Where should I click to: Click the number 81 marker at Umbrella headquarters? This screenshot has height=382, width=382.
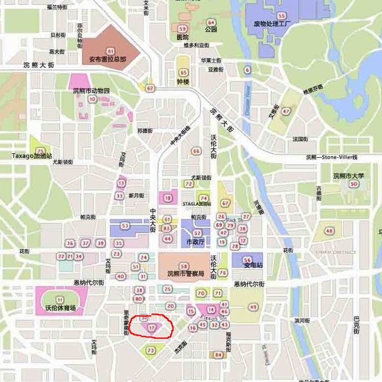pyautogui.click(x=110, y=51)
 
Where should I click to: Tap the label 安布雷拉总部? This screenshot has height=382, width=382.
pyautogui.click(x=108, y=59)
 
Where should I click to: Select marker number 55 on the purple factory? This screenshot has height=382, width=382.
pyautogui.click(x=282, y=16)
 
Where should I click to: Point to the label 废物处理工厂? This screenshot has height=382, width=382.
pyautogui.click(x=272, y=24)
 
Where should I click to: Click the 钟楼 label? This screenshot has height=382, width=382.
pyautogui.click(x=183, y=82)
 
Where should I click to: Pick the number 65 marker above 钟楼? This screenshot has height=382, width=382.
pyautogui.click(x=184, y=73)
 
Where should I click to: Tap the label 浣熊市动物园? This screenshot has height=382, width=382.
pyautogui.click(x=91, y=91)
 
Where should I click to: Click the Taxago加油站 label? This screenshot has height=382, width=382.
pyautogui.click(x=32, y=157)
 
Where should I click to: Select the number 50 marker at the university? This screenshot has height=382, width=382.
pyautogui.click(x=354, y=184)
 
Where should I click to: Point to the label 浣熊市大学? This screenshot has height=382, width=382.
pyautogui.click(x=349, y=176)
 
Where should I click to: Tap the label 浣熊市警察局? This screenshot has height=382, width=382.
pyautogui.click(x=186, y=274)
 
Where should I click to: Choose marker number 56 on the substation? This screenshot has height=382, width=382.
pyautogui.click(x=247, y=260)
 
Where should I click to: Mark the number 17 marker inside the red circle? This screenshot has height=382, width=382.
pyautogui.click(x=151, y=328)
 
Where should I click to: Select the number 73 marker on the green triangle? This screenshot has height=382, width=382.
pyautogui.click(x=151, y=350)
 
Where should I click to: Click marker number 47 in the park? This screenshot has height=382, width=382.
pyautogui.click(x=286, y=111)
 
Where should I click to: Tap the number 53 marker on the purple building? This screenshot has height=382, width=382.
pyautogui.click(x=125, y=226)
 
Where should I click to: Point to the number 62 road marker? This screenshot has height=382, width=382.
pyautogui.click(x=150, y=88)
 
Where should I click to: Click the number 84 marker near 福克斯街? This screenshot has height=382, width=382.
pyautogui.click(x=218, y=354)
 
